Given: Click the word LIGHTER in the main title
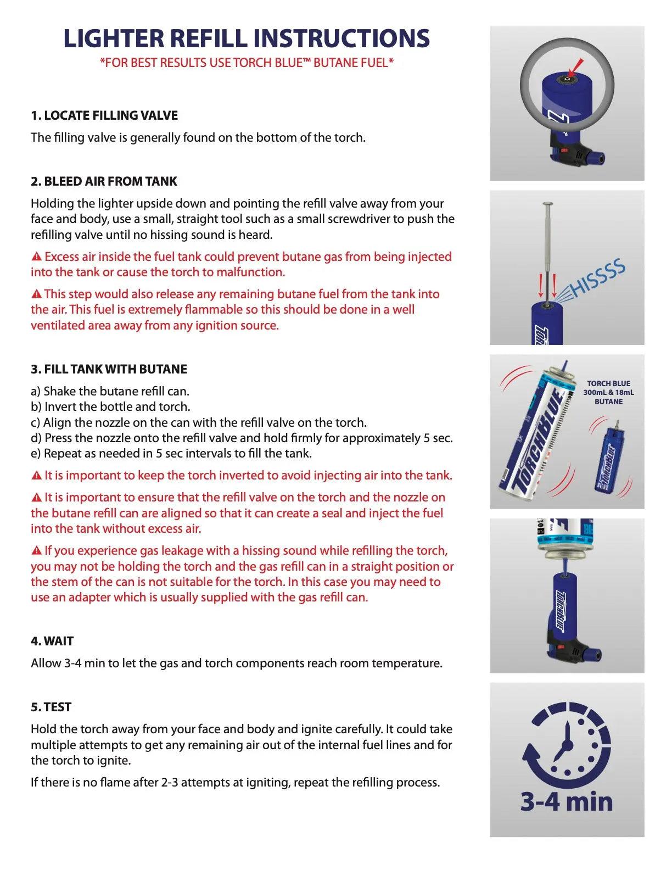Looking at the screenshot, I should (113, 39).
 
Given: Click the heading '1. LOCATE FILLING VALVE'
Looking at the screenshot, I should (104, 116).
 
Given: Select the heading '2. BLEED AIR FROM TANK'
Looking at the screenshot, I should (104, 182).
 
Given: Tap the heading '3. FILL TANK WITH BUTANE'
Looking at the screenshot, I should (109, 370).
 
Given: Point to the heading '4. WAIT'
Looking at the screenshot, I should (52, 642).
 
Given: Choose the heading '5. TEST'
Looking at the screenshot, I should (51, 707).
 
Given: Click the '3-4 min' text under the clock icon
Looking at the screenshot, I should (567, 802).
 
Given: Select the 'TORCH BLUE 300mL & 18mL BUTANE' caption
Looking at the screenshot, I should (608, 393).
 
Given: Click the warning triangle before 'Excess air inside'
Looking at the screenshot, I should (37, 257).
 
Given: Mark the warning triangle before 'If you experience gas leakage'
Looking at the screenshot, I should (37, 551).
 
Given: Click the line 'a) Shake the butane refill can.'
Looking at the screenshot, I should (110, 392).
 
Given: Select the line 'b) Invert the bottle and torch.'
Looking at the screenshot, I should (110, 407).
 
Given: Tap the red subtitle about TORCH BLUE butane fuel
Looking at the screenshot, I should (247, 63).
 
